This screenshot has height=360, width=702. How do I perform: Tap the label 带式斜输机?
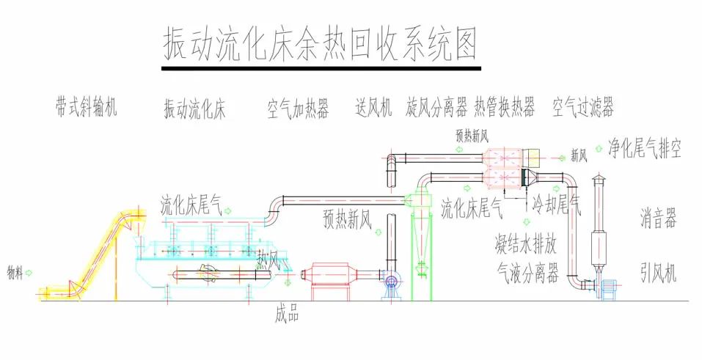[85, 108]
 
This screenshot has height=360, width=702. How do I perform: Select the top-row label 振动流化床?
[194, 110]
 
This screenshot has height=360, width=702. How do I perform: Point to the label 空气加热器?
[298, 109]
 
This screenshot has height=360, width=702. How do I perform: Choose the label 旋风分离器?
[436, 109]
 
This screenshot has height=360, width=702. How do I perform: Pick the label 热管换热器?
[504, 109]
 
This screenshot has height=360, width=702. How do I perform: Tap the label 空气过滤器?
[583, 109]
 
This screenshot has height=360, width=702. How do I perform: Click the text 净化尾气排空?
[645, 150]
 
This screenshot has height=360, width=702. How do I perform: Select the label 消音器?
[657, 220]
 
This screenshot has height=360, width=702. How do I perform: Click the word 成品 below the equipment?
[287, 315]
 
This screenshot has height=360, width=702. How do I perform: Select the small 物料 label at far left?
[15, 272]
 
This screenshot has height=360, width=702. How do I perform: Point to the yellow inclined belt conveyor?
[95, 253]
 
